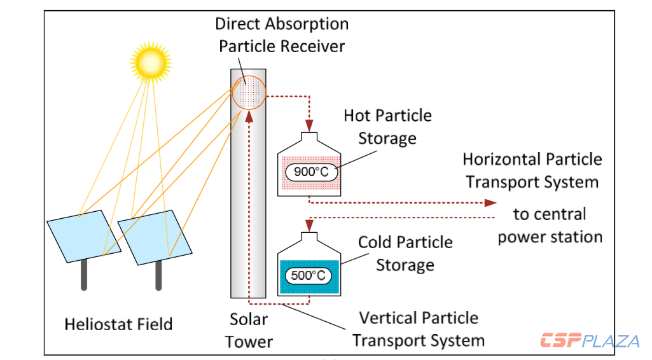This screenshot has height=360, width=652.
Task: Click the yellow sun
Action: [151, 60]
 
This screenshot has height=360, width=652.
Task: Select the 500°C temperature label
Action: [310, 275]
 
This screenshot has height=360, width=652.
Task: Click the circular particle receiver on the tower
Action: [248, 94]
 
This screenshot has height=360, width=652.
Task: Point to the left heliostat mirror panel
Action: [78, 237]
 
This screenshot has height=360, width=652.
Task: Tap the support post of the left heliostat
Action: [83, 275]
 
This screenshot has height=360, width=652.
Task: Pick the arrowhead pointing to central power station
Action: [490, 202]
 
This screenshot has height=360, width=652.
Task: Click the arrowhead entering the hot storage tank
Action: [310, 124]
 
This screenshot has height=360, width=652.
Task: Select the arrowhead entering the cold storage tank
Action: [310, 225]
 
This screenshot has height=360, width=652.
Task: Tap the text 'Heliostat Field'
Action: [118, 324]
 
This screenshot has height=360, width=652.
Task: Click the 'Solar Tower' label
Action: [249, 330]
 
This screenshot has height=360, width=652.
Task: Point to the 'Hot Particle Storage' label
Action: [387, 127]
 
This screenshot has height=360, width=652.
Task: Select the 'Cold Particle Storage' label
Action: [405, 253]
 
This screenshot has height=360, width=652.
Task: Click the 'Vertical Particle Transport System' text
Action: [419, 329]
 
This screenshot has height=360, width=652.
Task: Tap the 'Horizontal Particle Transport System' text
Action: [532, 170]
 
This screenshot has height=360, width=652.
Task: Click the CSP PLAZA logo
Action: [589, 341]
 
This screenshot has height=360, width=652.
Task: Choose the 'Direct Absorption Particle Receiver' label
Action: [282, 35]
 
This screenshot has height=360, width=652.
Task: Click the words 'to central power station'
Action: [550, 225]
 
